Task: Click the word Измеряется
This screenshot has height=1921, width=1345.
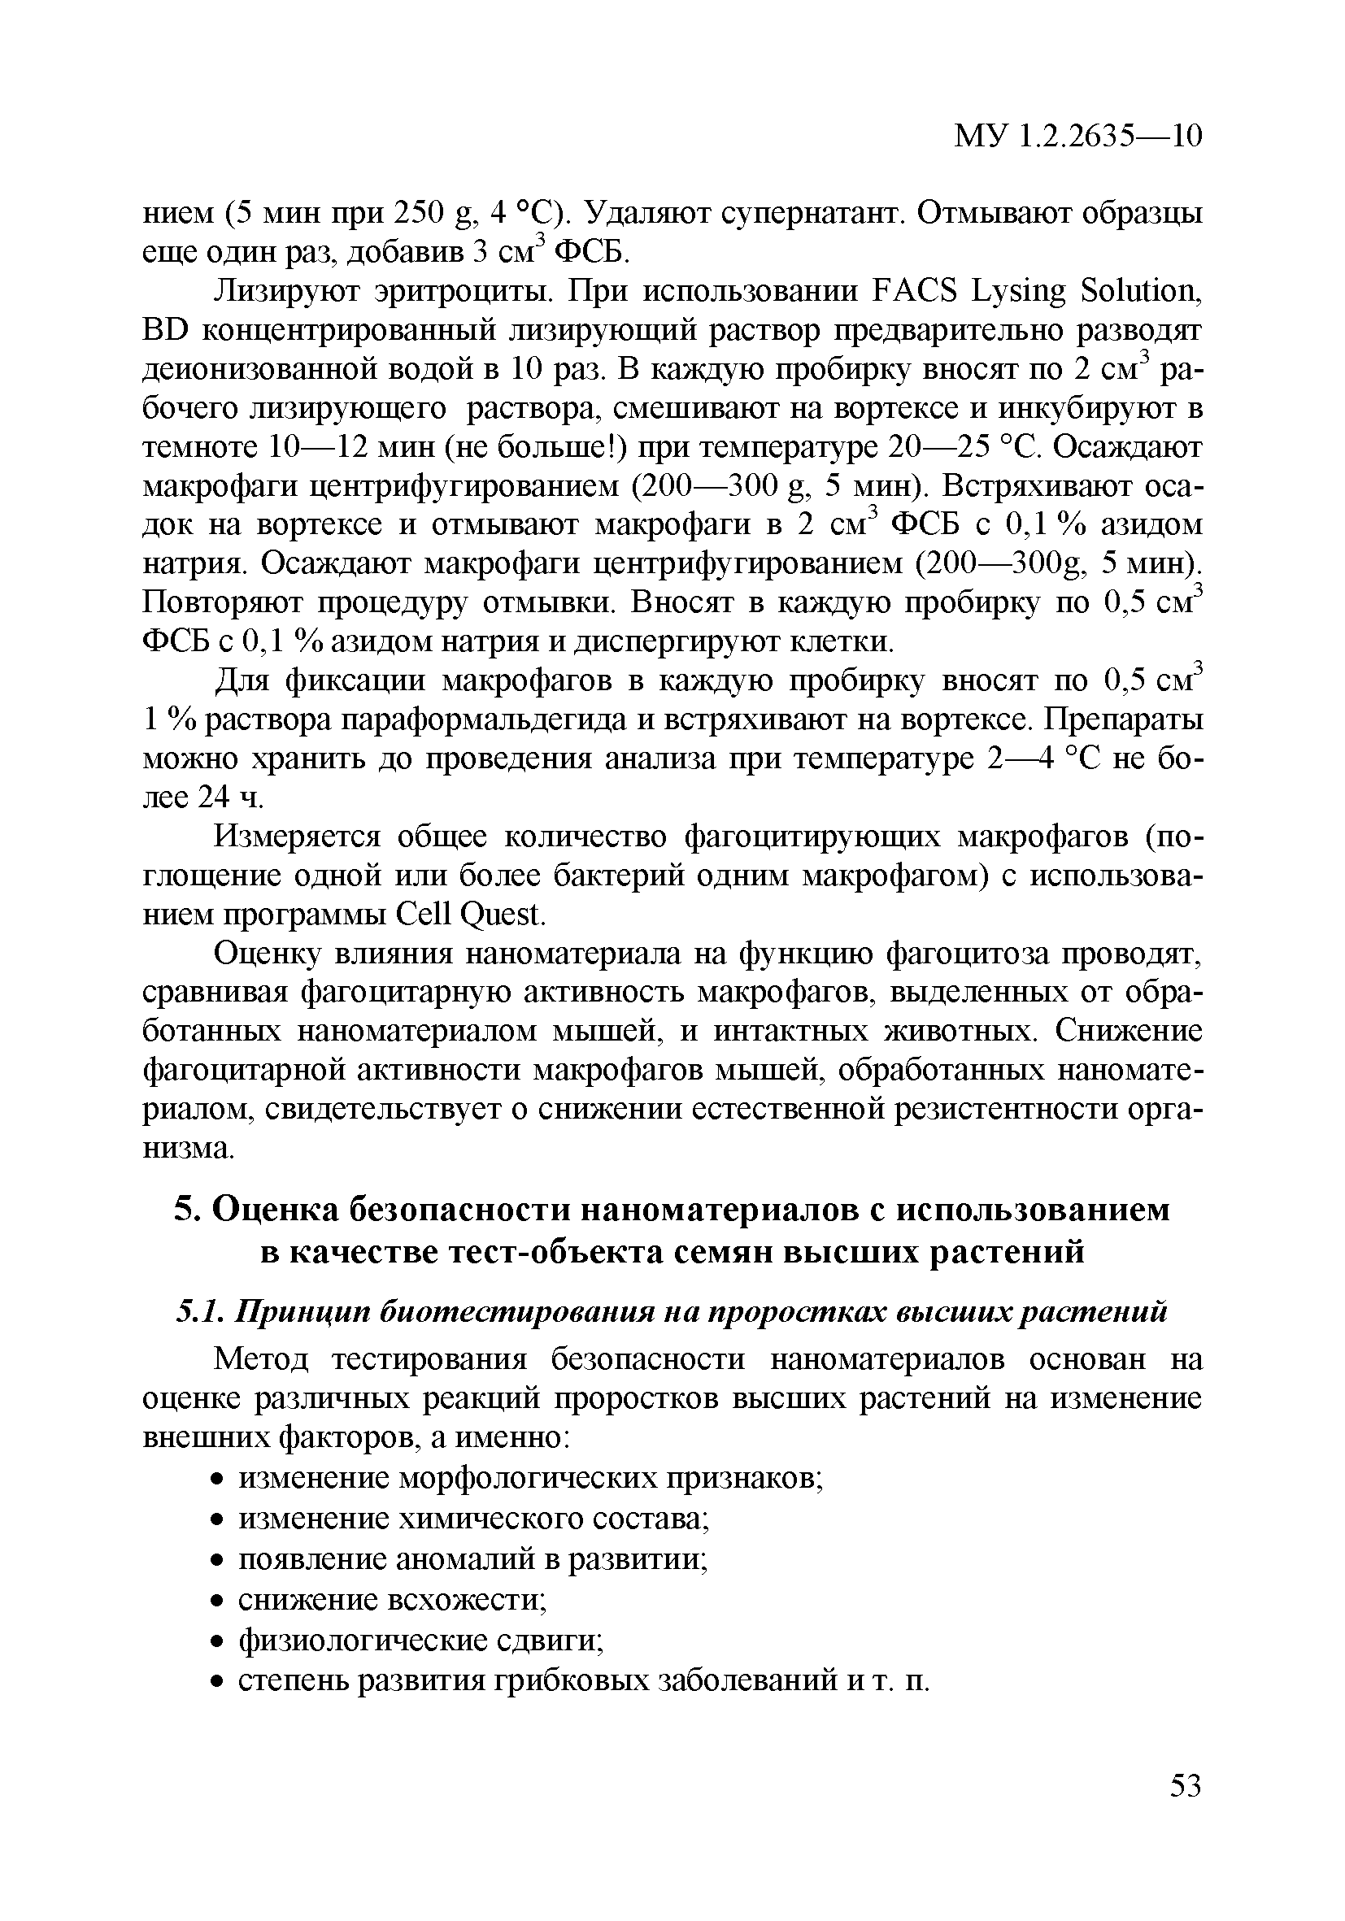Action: click(x=298, y=836)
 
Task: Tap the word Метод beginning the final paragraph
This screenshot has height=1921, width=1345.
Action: click(x=262, y=1359)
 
